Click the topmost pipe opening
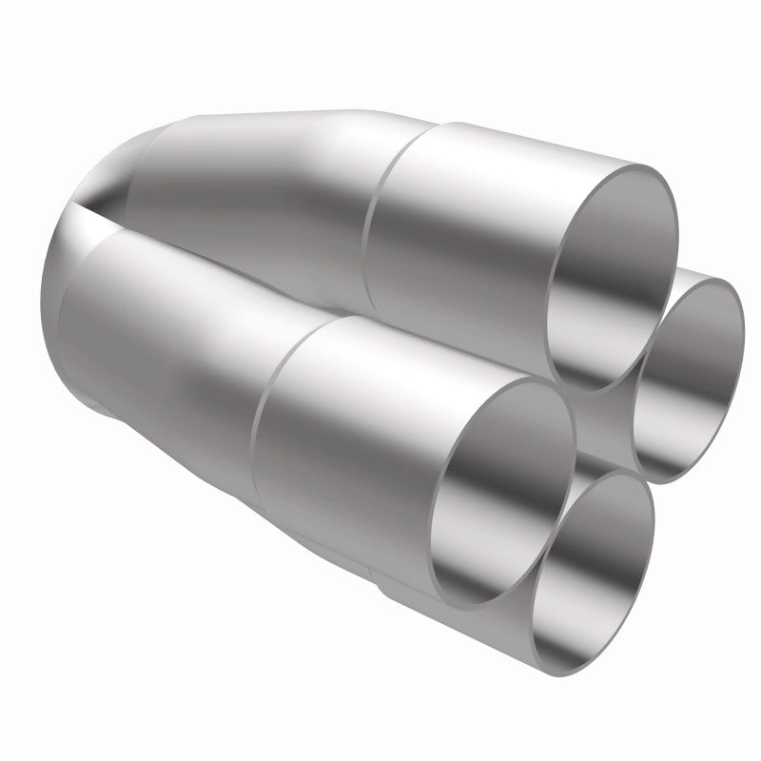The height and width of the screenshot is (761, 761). (x=614, y=276)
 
